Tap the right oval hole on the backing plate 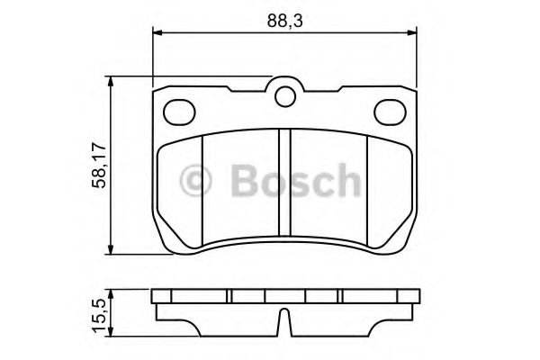click(390, 111)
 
